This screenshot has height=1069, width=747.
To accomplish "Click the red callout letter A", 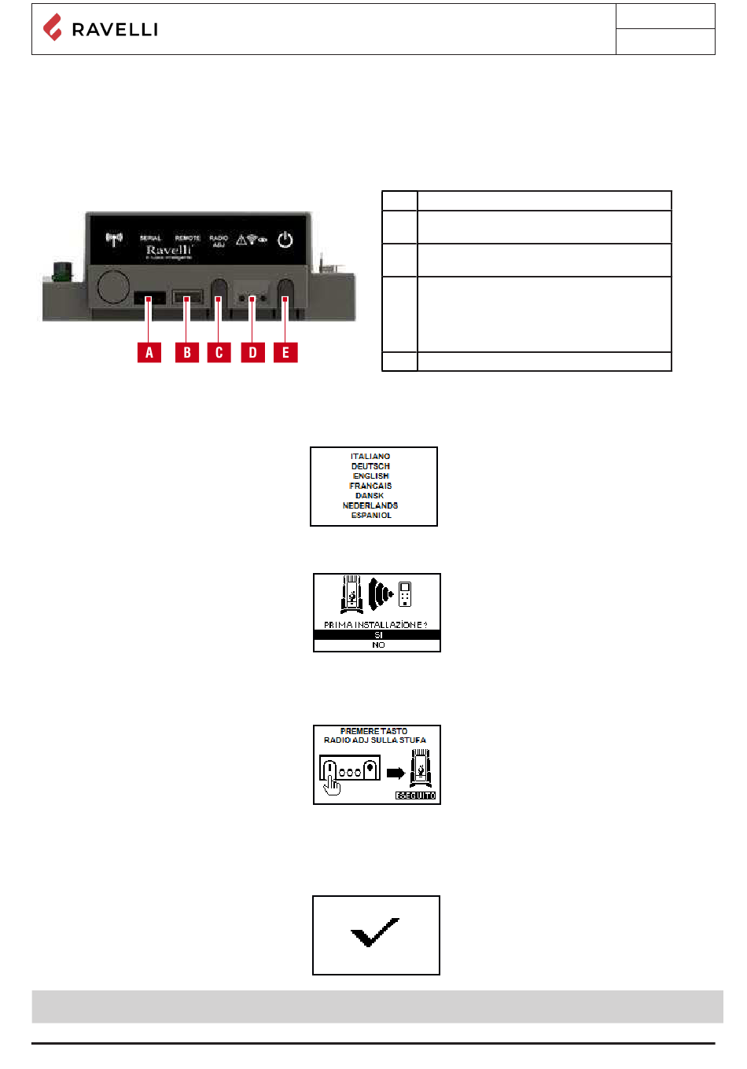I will tap(149, 352).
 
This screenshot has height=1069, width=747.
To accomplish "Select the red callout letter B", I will tap(187, 352).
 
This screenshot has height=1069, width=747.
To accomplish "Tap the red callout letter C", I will tap(219, 352).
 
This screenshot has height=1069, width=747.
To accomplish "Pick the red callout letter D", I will tap(252, 352).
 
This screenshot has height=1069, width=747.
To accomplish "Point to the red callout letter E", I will tap(285, 352).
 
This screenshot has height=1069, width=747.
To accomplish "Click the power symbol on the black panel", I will tap(285, 240).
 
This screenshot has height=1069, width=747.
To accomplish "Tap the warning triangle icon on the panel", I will tap(243, 239).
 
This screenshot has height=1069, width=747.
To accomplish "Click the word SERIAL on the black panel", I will tap(150, 237).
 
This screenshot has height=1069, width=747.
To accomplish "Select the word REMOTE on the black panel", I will tap(188, 237).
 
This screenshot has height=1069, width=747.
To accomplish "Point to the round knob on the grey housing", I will tap(113, 287).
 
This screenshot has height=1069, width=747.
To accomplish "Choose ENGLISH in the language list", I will tap(371, 476).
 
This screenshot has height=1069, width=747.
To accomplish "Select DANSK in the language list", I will tap(370, 496).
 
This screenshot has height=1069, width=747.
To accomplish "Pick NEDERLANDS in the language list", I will tap(370, 505).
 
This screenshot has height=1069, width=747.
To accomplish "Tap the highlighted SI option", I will tap(377, 635).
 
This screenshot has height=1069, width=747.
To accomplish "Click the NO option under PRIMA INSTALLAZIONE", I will tap(378, 645).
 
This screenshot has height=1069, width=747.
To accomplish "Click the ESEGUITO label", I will tap(415, 795).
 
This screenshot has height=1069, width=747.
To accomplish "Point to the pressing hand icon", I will tap(333, 784).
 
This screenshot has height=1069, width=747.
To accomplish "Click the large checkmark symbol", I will tap(375, 932).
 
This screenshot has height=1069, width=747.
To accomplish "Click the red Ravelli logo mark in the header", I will tap(53, 28).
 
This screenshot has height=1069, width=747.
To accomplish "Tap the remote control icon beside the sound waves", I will tap(405, 594).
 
